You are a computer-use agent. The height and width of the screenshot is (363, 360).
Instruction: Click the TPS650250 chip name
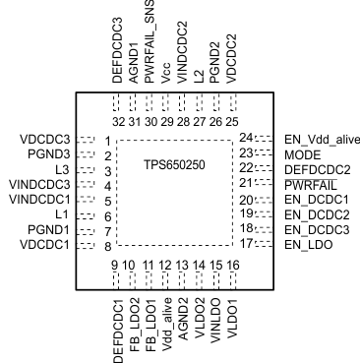tap(175, 165)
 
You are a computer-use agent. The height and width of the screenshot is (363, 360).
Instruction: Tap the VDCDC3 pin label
tap(44, 141)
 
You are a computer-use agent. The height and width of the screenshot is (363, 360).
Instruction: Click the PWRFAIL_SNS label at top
tap(150, 44)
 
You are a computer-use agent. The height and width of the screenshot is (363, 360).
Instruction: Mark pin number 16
tap(232, 266)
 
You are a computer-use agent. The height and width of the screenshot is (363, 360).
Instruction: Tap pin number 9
tap(115, 266)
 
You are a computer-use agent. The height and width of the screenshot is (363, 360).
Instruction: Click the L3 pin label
tap(61, 170)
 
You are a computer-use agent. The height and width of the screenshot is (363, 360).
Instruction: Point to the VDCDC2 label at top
tap(232, 59)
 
